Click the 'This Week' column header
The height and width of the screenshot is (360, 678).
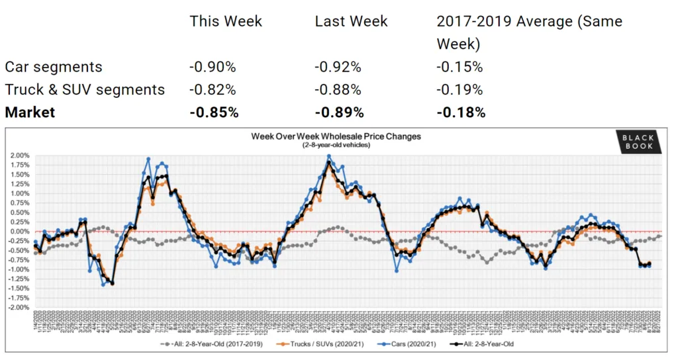click(x=226, y=21)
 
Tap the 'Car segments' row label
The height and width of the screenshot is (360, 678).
click(x=54, y=67)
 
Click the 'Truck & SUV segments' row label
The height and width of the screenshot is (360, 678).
click(x=85, y=89)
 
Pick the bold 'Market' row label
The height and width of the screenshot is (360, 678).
click(x=30, y=112)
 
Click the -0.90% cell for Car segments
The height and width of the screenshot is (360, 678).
click(x=213, y=67)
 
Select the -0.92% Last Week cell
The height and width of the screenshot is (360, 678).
click(x=338, y=67)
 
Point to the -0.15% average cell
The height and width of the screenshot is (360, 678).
click(x=460, y=67)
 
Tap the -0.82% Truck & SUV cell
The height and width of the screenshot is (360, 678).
click(x=213, y=89)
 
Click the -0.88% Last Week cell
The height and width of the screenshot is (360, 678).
click(x=338, y=89)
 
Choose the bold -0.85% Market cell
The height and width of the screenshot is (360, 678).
click(x=214, y=112)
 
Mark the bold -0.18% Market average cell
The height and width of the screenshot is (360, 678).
click(x=461, y=112)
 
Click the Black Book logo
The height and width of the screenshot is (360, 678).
click(x=637, y=142)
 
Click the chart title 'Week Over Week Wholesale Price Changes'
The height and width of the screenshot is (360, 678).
click(x=336, y=136)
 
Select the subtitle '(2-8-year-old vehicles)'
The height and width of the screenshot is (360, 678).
click(x=336, y=144)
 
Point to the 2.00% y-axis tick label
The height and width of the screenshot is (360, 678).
click(x=19, y=156)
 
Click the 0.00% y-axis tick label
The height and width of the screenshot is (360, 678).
click(x=19, y=232)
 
